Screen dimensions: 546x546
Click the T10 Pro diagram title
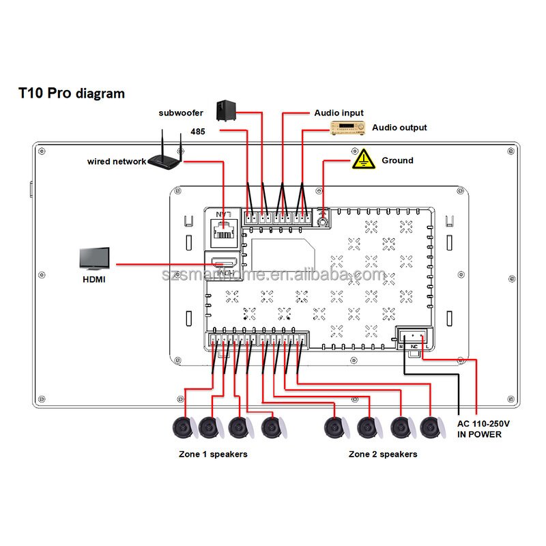pos(72,94)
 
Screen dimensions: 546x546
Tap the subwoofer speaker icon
pos(227,111)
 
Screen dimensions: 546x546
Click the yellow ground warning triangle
pos(364,159)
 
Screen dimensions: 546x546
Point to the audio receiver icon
pos(349,128)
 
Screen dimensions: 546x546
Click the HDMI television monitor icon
pos(94,260)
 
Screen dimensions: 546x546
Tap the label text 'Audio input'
pos(339,113)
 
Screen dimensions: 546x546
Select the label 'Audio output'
pos(399,128)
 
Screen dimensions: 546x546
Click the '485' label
pos(197,131)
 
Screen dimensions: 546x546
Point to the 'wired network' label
pos(116,162)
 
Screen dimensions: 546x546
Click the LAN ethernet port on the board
pos(223,233)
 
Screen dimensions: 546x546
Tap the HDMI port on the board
pos(223,263)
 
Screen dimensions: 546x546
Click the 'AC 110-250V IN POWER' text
pos(483,429)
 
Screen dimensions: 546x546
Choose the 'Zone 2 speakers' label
pos(382,454)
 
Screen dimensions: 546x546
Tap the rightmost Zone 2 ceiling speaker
pos(430,428)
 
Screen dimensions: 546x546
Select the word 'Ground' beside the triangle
pos(397,160)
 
